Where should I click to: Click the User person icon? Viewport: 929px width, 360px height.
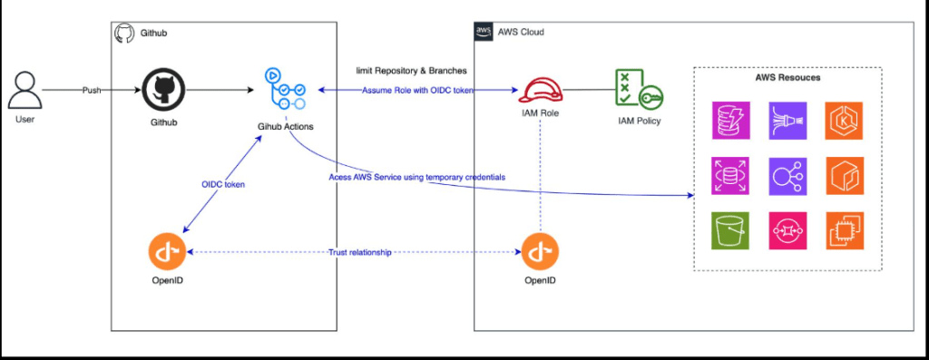click(24, 90)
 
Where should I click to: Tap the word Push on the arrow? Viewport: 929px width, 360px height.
click(92, 91)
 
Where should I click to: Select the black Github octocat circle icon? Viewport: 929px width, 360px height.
click(163, 91)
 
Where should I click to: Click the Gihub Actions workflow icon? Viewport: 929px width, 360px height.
click(286, 90)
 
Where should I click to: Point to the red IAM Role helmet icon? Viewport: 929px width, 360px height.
click(540, 90)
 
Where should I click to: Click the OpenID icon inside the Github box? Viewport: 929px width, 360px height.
click(167, 252)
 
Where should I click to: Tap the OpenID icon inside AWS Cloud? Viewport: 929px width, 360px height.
click(540, 252)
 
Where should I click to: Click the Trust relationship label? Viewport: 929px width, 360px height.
click(360, 253)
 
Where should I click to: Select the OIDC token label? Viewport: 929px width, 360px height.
click(223, 184)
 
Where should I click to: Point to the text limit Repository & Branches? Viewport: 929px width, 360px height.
click(411, 71)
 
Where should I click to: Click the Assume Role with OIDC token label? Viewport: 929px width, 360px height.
click(417, 90)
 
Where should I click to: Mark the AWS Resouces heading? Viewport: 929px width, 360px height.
click(787, 78)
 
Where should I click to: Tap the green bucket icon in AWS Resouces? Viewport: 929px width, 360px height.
click(730, 230)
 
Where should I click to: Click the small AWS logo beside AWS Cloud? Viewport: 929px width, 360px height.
click(484, 32)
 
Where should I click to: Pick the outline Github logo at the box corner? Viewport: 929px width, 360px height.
click(123, 33)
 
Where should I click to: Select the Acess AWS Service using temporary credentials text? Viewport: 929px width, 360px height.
click(421, 177)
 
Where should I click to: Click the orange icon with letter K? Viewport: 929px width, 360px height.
click(845, 121)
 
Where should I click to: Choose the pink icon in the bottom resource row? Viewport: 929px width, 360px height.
click(787, 230)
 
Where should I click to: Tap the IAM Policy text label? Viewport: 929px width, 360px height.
click(640, 122)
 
